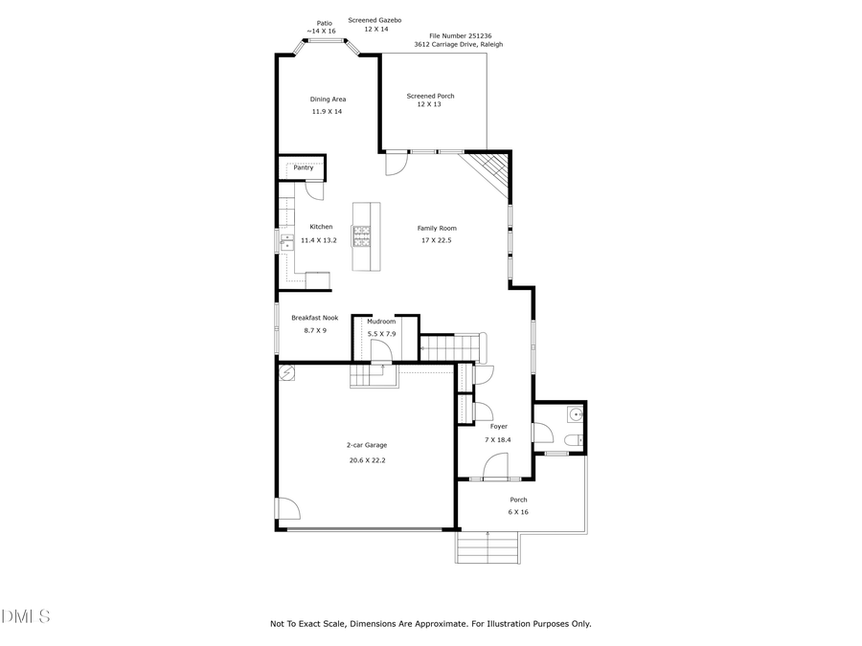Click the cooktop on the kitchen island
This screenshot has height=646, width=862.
[361, 235]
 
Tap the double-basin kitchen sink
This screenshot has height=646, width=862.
[285, 239]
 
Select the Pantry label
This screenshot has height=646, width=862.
[303, 167]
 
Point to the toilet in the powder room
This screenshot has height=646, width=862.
[571, 440]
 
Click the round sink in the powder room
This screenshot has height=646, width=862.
[574, 414]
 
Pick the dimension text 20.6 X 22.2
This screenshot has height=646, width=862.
[367, 460]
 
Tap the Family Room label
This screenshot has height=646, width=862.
[436, 228]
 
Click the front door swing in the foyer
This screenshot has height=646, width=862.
[495, 466]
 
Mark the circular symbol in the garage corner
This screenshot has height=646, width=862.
[286, 373]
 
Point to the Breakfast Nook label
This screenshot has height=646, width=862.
[314, 318]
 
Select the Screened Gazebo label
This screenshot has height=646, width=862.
[374, 19]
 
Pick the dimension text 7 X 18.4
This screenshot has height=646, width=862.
[498, 439]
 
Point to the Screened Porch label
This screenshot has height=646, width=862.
[430, 96]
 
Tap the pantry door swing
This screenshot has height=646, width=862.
[314, 190]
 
